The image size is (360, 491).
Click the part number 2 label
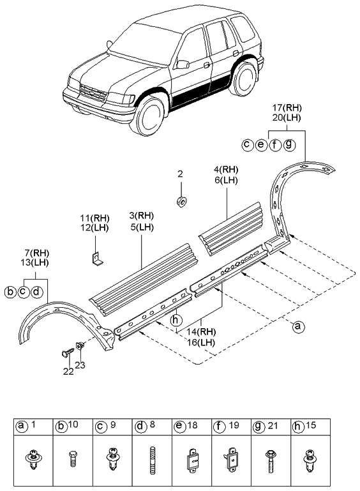tap(180, 174)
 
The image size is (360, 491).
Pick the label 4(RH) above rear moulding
tap(226, 170)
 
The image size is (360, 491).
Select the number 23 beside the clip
tap(80, 365)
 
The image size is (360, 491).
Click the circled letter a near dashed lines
tap(297, 327)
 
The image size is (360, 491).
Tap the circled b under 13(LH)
tap(10, 292)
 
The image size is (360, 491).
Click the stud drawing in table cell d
tap(153, 460)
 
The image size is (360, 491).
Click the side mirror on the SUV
tap(183, 64)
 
